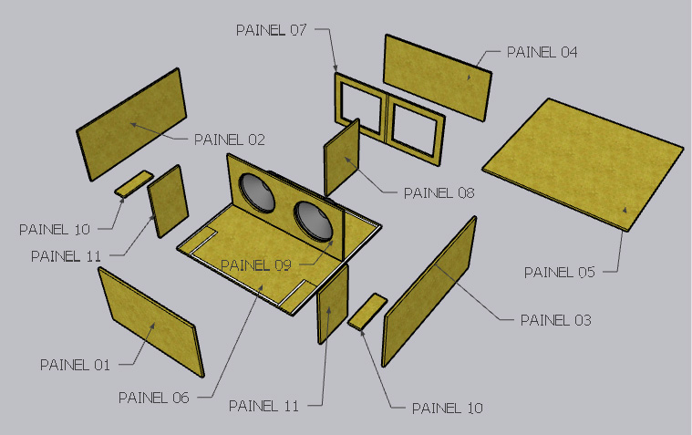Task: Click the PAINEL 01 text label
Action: pos(75,365)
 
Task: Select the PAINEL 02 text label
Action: pos(230,140)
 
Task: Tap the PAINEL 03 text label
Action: pos(555,320)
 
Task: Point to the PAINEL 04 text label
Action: pos(542,52)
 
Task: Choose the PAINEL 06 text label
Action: pos(153,398)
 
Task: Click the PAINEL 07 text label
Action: pos(271,30)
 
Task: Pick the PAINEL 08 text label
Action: pos(439,193)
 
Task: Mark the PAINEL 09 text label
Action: pos(256,265)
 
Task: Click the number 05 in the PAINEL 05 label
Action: pos(586,272)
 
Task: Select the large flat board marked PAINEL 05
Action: pos(583,163)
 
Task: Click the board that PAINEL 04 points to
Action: pos(438,78)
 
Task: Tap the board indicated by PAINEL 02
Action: pos(131,125)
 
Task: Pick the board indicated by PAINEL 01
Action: pos(151,323)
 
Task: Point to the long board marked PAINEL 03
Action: pos(429,292)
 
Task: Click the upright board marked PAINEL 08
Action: pos(342,158)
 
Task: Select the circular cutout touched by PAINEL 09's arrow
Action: pos(315,222)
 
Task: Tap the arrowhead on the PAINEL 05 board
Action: pos(625,210)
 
